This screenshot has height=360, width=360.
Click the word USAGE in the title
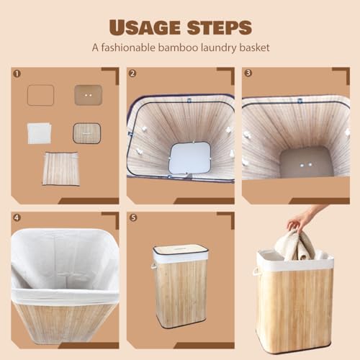click(x=145, y=27)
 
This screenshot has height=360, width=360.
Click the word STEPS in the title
click(x=220, y=27)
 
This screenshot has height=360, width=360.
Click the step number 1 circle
click(x=17, y=73)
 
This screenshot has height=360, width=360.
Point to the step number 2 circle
click(x=132, y=73)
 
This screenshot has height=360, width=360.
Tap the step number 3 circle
click(x=248, y=73)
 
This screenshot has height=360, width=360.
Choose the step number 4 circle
click(x=17, y=218)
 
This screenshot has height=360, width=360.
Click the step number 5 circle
click(x=132, y=218)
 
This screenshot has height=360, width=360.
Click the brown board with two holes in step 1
click(x=88, y=95)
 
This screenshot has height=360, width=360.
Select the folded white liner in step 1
click(x=39, y=133)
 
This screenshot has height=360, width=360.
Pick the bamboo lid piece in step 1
click(x=87, y=133)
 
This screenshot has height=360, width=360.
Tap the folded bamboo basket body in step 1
click(x=60, y=168)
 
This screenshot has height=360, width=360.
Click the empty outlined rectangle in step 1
click(x=40, y=95)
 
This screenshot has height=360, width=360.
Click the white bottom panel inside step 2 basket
click(x=190, y=158)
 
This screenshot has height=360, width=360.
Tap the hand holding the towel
click(x=304, y=218)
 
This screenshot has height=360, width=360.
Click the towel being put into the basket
click(x=297, y=246)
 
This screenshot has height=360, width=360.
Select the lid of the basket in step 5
click(x=180, y=249)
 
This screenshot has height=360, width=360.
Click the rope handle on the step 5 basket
click(x=153, y=267)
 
